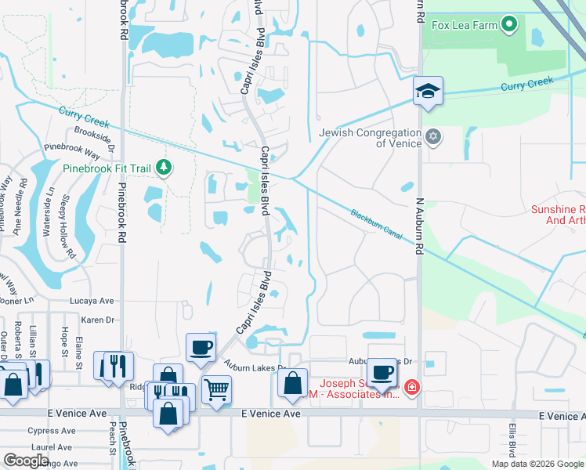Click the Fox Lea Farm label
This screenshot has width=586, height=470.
pyautogui.click(x=463, y=24)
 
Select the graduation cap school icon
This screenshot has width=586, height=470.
pyautogui.click(x=428, y=91)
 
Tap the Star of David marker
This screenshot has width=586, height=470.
pyautogui.click(x=433, y=138)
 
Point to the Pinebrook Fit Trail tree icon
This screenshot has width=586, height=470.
pyautogui.click(x=164, y=167)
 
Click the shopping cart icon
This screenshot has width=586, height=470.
pyautogui.click(x=215, y=389)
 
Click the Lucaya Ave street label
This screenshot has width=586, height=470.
pyautogui.click(x=92, y=300)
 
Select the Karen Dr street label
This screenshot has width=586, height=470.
pyautogui.click(x=98, y=320)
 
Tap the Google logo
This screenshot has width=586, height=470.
pyautogui.click(x=27, y=461)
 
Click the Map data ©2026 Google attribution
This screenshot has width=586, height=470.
pyautogui.click(x=537, y=464)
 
